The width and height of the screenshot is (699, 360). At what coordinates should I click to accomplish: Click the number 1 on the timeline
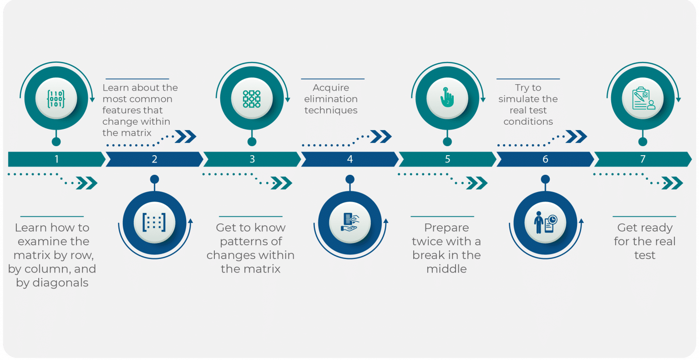point(56,159)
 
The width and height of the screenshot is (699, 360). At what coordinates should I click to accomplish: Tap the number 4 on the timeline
point(350,159)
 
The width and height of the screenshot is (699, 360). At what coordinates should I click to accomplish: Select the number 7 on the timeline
point(643,159)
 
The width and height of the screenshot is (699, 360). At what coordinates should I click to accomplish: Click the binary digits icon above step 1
point(56,99)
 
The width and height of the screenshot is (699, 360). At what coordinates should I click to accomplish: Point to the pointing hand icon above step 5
point(447,97)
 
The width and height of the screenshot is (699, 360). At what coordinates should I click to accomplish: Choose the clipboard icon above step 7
point(643,98)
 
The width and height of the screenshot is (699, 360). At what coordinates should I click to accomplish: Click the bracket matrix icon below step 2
point(154,223)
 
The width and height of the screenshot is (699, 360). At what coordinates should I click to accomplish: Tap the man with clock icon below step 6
point(545,223)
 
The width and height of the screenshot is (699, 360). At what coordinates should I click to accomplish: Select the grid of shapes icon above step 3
point(252,99)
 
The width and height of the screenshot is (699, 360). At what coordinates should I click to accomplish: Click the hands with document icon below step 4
point(350,222)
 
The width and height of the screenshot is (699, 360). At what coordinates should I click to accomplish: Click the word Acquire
point(331,88)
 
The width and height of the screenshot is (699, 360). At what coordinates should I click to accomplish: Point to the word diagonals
point(60,283)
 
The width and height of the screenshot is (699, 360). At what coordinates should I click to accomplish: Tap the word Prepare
point(446,228)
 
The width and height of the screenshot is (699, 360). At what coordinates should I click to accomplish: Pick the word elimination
point(331,99)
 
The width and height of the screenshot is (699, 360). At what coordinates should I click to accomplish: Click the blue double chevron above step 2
point(185,137)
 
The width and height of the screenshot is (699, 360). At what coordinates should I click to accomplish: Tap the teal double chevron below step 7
point(672,183)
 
